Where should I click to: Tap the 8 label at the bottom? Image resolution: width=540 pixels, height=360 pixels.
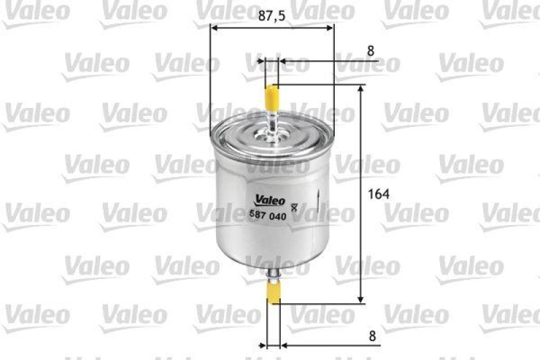tap(371, 334)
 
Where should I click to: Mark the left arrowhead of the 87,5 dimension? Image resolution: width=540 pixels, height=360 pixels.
tap(215, 28)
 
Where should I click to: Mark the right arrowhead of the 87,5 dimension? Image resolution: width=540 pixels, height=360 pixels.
tap(329, 28)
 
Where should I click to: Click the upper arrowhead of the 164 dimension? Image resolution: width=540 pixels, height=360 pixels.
tap(361, 90)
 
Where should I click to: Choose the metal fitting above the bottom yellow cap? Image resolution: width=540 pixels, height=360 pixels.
tap(274, 275)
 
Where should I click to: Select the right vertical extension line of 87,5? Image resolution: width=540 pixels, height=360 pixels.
tap(334, 74)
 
